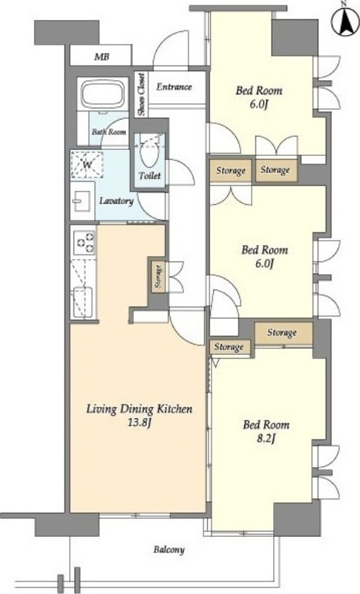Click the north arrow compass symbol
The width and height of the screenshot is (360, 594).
point(344,21)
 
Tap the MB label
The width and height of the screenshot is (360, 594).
point(102,57)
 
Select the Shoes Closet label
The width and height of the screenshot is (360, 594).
point(141,94)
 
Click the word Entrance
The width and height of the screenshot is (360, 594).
point(174,87)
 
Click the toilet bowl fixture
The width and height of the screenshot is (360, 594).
point(149,155)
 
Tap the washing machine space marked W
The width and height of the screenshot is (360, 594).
point(87,164)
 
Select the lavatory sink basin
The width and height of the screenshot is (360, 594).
point(82,200)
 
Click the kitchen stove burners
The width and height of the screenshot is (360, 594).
point(85,242)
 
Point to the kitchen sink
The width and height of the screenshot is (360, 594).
point(82,302)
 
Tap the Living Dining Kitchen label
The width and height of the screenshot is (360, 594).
point(140,409)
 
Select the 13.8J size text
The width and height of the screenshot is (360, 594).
point(140,423)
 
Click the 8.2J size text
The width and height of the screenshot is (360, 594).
point(266,439)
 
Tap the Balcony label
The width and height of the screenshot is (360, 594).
point(169,549)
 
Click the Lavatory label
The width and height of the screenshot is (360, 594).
point(117,200)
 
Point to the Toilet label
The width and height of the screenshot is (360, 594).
point(149,175)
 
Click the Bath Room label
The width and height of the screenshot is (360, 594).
point(108,132)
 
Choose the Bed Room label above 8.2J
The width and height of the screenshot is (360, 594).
point(266,424)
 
